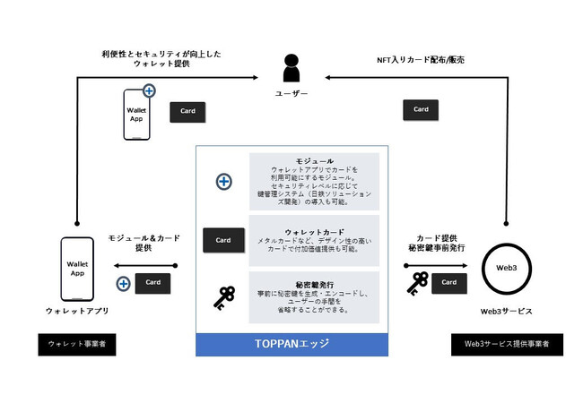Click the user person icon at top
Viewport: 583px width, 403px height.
click(291, 69)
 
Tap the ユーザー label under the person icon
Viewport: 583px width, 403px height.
click(291, 93)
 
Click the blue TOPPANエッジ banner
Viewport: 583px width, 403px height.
click(292, 345)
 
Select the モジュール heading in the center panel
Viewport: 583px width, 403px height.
click(314, 160)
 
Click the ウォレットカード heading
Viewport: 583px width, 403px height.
click(314, 231)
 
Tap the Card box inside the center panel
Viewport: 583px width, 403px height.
click(223, 240)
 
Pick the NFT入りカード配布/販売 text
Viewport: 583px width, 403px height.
click(420, 59)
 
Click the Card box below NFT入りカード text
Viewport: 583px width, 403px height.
click(420, 109)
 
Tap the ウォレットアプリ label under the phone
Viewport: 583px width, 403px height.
click(77, 311)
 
